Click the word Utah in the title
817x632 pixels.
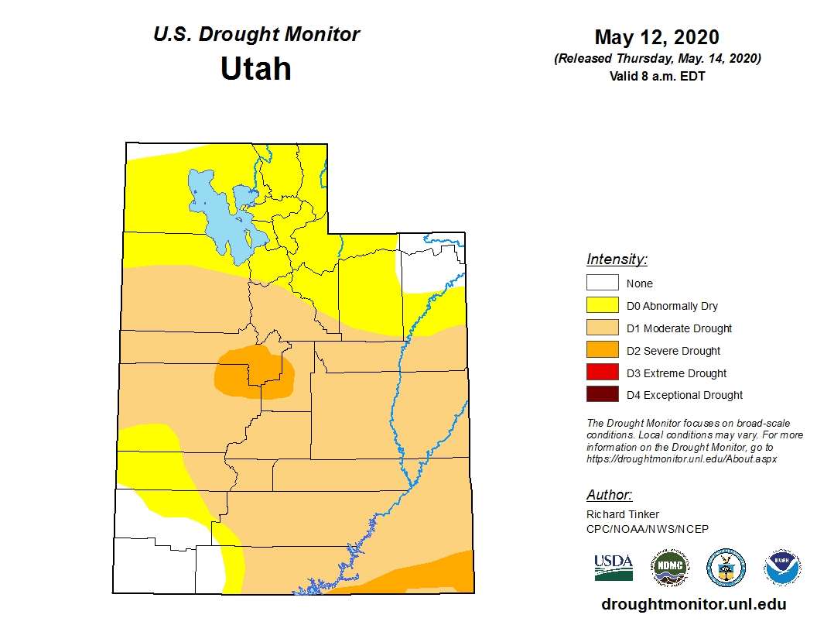point(255,69)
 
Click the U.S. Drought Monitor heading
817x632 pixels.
point(256,35)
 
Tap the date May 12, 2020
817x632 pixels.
point(656,37)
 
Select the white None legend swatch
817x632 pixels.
point(602,283)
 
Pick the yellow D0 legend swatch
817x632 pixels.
point(602,305)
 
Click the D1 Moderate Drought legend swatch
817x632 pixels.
point(602,328)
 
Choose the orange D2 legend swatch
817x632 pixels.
point(602,350)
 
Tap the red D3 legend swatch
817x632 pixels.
point(602,373)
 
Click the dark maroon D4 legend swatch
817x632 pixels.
point(602,395)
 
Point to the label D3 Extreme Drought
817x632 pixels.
point(676,373)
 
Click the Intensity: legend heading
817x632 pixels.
point(617,259)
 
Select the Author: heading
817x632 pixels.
point(609,495)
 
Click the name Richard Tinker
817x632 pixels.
point(623,514)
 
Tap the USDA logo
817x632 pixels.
point(614,567)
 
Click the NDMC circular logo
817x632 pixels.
point(669,568)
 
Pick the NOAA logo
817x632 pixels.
point(782,568)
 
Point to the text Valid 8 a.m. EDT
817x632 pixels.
point(657,76)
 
